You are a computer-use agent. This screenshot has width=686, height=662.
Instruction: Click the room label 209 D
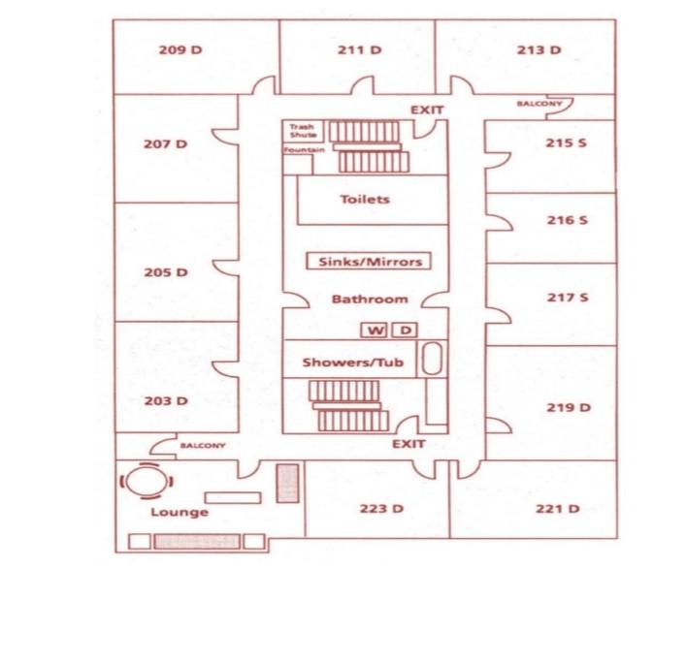point(180,49)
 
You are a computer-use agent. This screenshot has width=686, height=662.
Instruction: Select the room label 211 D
point(359,49)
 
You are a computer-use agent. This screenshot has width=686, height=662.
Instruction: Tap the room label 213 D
point(539,49)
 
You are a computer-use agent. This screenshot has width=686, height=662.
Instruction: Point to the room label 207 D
point(165,143)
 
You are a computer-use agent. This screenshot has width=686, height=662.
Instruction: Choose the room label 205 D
point(165,272)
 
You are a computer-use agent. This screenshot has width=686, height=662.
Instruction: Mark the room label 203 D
point(165,400)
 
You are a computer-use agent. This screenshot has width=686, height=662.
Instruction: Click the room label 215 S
point(567,142)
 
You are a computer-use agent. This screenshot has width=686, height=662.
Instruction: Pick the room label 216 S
point(567,220)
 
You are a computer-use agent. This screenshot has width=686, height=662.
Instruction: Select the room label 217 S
point(567,298)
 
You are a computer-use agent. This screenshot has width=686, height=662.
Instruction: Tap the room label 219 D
point(568,407)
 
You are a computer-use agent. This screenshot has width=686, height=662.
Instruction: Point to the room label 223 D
point(380,509)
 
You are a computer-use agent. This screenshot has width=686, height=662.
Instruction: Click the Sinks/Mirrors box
point(368,261)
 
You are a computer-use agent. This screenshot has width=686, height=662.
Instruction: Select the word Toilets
point(365,200)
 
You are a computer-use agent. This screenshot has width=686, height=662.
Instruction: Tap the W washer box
point(374,331)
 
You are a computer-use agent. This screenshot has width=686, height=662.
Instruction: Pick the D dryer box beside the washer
point(405,331)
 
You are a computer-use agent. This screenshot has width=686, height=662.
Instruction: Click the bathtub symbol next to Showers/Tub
point(433,361)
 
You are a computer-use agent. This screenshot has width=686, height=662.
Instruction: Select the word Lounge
point(179,512)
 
